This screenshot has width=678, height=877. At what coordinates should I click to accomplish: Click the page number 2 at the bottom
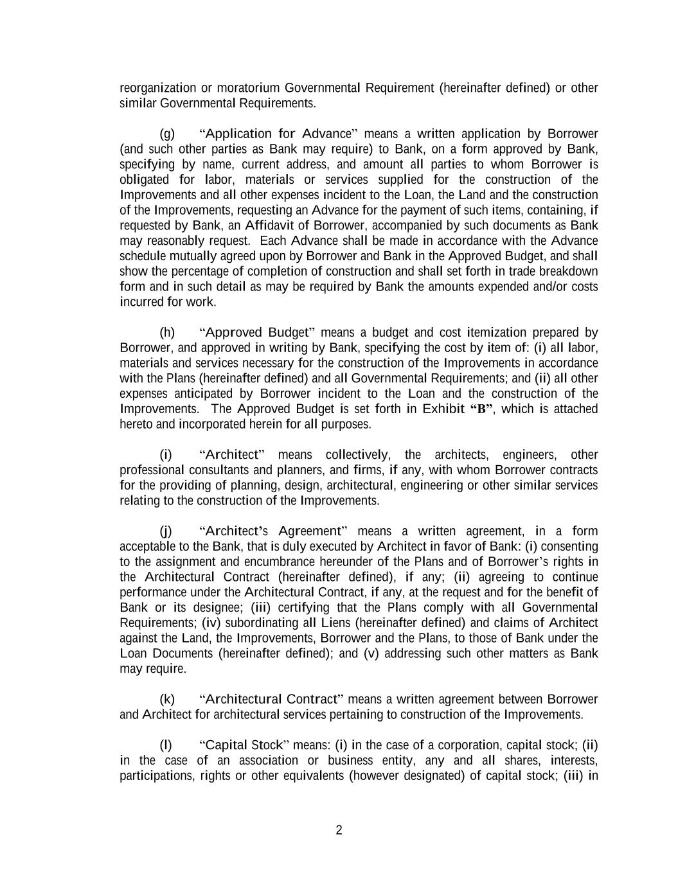pyautogui.click(x=339, y=830)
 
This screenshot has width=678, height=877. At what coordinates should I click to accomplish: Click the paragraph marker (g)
pyautogui.click(x=167, y=134)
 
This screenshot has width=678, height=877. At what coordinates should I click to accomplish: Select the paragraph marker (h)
pyautogui.click(x=167, y=332)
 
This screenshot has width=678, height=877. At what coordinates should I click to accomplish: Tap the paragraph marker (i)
pyautogui.click(x=166, y=454)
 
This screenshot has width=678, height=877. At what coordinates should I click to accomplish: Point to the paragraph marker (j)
pyautogui.click(x=166, y=531)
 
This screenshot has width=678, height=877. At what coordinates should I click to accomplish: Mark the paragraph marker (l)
pyautogui.click(x=166, y=745)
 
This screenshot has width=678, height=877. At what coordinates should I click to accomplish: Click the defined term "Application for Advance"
pyautogui.click(x=278, y=134)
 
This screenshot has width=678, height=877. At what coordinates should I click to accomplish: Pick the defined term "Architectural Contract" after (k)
pyautogui.click(x=271, y=699)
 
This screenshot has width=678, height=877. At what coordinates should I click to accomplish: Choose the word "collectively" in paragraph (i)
pyautogui.click(x=357, y=454)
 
